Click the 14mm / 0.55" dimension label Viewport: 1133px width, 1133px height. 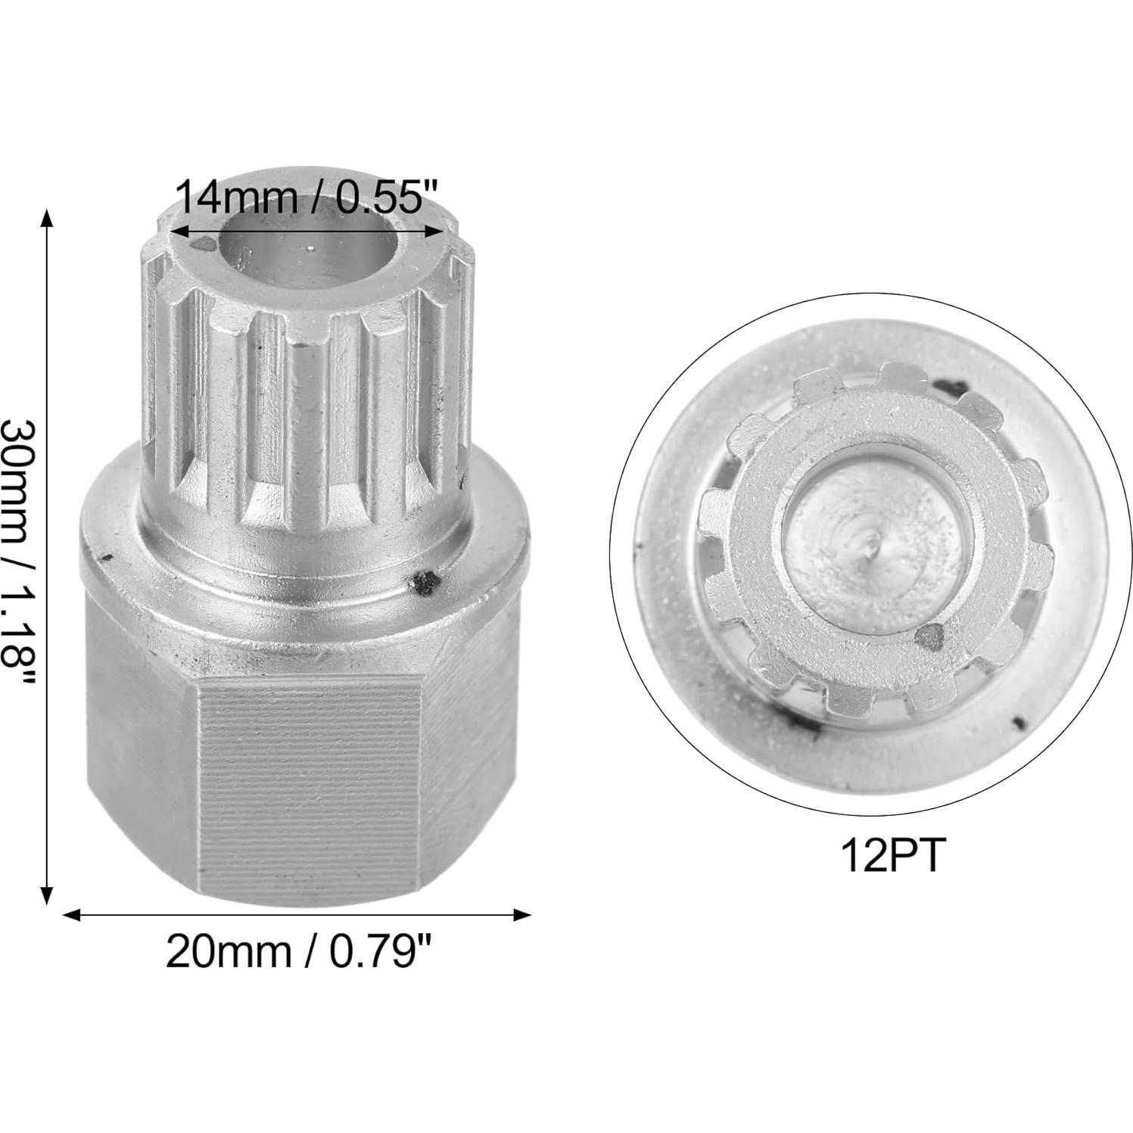coord(307,199)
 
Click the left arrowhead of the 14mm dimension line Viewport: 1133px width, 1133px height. coord(176,231)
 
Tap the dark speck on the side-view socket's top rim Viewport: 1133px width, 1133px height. coord(204,244)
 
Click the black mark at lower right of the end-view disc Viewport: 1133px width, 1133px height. coord(1019,723)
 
